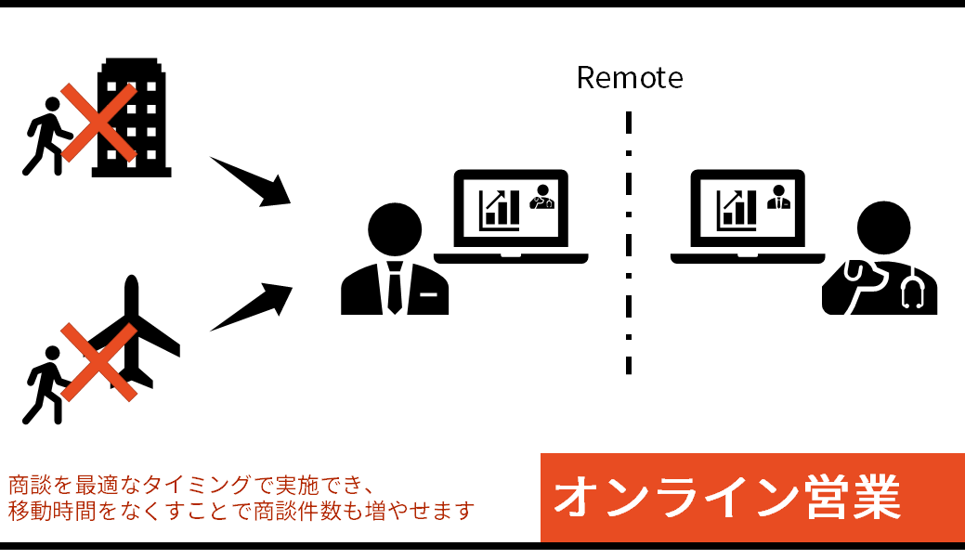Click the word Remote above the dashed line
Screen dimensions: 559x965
pos(629,78)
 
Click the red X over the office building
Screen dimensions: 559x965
pos(98,123)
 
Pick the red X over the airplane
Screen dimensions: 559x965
pos(98,362)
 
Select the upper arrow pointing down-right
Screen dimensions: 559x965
pos(251,180)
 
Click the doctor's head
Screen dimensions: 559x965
pos(883,228)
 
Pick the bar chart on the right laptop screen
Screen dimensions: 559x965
pos(737,210)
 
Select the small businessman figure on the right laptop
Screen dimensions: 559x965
pos(777,197)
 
